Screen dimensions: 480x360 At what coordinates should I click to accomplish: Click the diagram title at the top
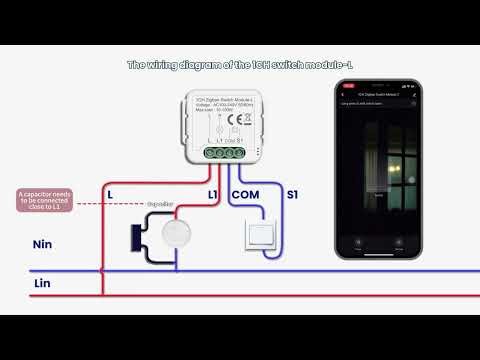point(239,65)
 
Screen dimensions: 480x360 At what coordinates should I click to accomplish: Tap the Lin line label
point(43,285)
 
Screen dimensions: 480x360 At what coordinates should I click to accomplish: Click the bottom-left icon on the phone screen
point(357,240)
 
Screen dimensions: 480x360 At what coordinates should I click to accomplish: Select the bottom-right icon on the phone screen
point(405,240)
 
